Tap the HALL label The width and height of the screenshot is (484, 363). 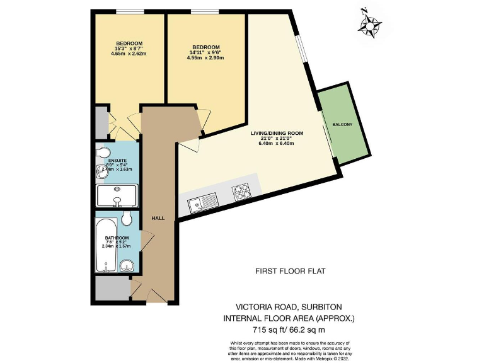click(x=158, y=218)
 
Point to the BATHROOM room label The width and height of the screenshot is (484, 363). click(x=117, y=238)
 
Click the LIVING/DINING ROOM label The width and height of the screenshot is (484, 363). click(x=277, y=134)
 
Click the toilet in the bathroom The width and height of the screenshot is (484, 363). click(x=128, y=219)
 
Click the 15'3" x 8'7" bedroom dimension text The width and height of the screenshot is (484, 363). click(x=129, y=49)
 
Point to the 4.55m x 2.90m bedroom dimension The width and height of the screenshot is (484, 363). click(x=206, y=58)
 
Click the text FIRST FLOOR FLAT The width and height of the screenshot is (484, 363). click(x=290, y=272)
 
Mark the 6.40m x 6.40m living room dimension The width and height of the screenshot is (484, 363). click(x=277, y=144)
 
